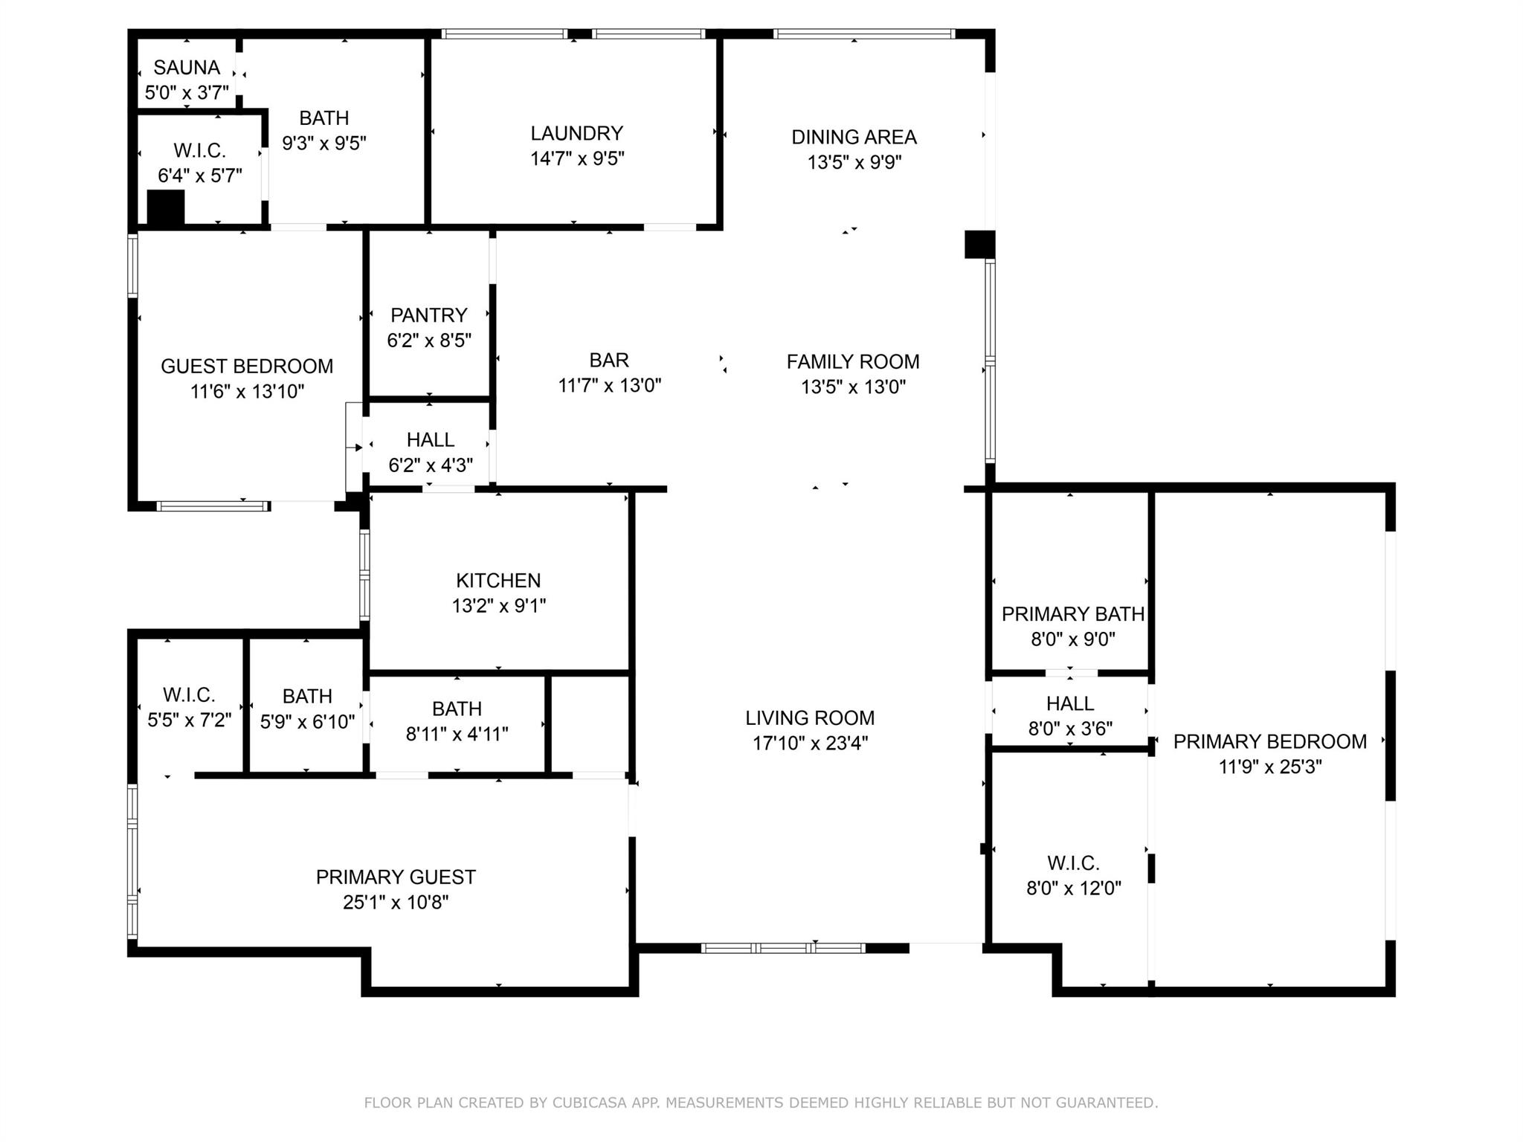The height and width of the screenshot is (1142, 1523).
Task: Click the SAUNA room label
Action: click(x=187, y=68)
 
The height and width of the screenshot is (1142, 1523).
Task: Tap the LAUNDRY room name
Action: click(x=576, y=134)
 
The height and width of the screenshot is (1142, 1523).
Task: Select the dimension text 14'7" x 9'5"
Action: click(x=576, y=159)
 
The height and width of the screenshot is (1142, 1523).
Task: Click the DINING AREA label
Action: click(x=854, y=138)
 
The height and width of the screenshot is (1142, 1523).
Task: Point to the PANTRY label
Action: click(x=429, y=315)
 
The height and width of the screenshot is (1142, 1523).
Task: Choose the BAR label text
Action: click(x=609, y=361)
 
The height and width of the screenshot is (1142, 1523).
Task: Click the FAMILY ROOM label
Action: click(x=853, y=362)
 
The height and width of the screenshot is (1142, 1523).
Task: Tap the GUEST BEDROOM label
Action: click(x=247, y=367)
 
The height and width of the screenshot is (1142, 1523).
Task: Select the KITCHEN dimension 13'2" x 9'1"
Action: click(x=498, y=606)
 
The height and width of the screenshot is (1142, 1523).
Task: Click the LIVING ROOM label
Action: click(x=810, y=718)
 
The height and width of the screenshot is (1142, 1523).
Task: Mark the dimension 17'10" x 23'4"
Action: click(x=810, y=743)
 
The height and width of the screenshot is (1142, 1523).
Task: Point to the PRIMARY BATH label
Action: click(x=1072, y=614)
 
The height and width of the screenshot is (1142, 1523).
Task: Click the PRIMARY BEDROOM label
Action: click(x=1269, y=742)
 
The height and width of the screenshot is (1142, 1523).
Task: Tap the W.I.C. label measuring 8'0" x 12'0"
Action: click(x=1073, y=863)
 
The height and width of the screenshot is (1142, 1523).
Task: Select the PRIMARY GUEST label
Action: click(x=396, y=877)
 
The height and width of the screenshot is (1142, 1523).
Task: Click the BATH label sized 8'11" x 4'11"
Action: click(x=457, y=709)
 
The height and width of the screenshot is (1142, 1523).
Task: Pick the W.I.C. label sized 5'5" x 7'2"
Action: click(x=189, y=695)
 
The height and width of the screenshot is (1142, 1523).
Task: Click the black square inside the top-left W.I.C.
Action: click(x=166, y=207)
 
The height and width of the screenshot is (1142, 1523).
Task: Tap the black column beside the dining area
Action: click(x=979, y=245)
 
